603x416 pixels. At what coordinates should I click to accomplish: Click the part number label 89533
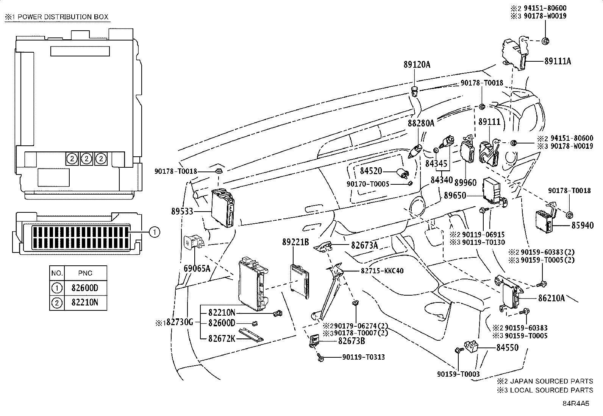click(182, 212)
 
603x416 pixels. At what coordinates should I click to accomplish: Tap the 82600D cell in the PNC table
click(85, 288)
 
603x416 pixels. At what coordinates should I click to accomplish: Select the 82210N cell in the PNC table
click(85, 302)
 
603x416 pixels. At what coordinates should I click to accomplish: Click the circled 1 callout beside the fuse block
click(155, 232)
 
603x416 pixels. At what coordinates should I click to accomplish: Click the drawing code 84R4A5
click(576, 404)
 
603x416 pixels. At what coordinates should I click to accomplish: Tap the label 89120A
click(417, 65)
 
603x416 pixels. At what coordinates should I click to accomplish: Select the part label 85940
click(583, 225)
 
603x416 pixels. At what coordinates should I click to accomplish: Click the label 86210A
click(551, 298)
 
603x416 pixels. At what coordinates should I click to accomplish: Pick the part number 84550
click(508, 347)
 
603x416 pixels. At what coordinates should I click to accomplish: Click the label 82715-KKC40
click(382, 271)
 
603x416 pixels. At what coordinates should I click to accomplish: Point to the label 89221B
click(295, 242)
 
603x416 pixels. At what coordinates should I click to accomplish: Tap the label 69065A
click(197, 268)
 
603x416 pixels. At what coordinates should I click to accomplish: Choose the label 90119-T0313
click(364, 357)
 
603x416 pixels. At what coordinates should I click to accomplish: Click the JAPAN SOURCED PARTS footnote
click(545, 381)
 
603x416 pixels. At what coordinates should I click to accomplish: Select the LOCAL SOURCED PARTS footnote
click(545, 390)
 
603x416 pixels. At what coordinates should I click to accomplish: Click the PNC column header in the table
click(85, 273)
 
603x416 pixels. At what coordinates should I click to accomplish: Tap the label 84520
click(371, 171)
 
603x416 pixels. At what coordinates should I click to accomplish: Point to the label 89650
click(455, 195)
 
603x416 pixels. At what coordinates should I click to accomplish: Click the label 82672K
click(222, 338)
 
